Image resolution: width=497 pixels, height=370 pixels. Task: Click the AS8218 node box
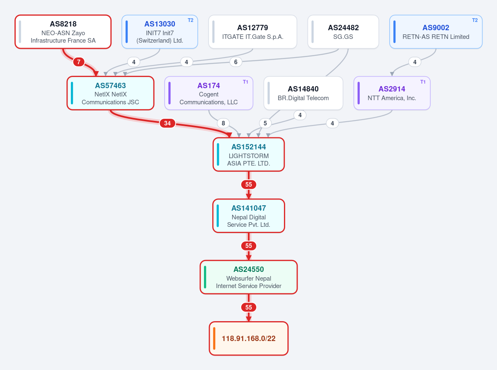coord(63,31)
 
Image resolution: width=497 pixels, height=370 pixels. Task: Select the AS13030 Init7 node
coord(160,31)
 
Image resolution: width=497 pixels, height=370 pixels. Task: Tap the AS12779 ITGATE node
coord(252,31)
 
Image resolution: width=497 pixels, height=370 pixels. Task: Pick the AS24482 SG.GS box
coord(343,31)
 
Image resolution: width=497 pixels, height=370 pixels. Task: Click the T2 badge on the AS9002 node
coord(475,20)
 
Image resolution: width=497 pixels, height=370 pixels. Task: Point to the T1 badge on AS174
coord(245,82)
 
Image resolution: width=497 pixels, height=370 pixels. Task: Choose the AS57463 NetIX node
coord(110,93)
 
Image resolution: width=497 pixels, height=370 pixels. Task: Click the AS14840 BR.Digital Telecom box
coord(303,93)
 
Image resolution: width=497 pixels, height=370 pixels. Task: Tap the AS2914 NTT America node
coord(392,93)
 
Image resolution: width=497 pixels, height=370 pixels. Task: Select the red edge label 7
coord(79,62)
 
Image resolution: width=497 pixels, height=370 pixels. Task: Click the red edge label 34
coord(167,123)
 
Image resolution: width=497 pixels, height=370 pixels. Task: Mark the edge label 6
coord(235,62)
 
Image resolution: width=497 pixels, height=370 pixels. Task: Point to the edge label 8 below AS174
coord(223,123)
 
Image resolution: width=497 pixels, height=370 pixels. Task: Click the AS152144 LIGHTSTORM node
coord(249,154)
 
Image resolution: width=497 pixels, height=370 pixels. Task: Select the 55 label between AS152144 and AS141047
coord(249,185)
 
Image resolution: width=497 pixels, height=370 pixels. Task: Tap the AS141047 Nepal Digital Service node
coord(249,216)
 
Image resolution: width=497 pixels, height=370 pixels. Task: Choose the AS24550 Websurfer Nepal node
coord(249,277)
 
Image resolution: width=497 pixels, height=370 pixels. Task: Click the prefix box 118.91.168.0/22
coord(249,339)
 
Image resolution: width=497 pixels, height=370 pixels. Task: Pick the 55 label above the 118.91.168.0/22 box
coord(249,308)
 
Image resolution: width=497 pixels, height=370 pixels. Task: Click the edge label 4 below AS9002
coord(415,62)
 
